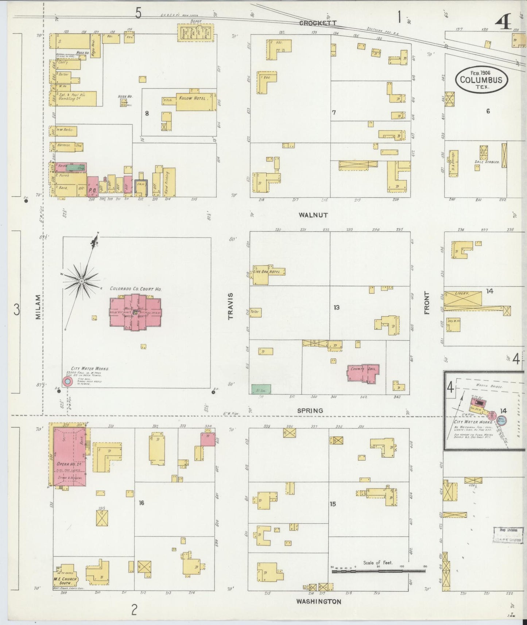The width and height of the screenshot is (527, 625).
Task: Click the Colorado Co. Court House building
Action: click(135, 313)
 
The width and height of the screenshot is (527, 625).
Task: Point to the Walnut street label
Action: click(313, 215)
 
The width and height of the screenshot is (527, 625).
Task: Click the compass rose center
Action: click(82, 281)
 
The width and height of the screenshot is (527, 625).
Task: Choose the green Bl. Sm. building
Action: click(261, 389)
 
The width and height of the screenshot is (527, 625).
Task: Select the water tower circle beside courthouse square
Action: click(67, 381)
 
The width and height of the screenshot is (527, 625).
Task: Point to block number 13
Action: click(336, 308)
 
